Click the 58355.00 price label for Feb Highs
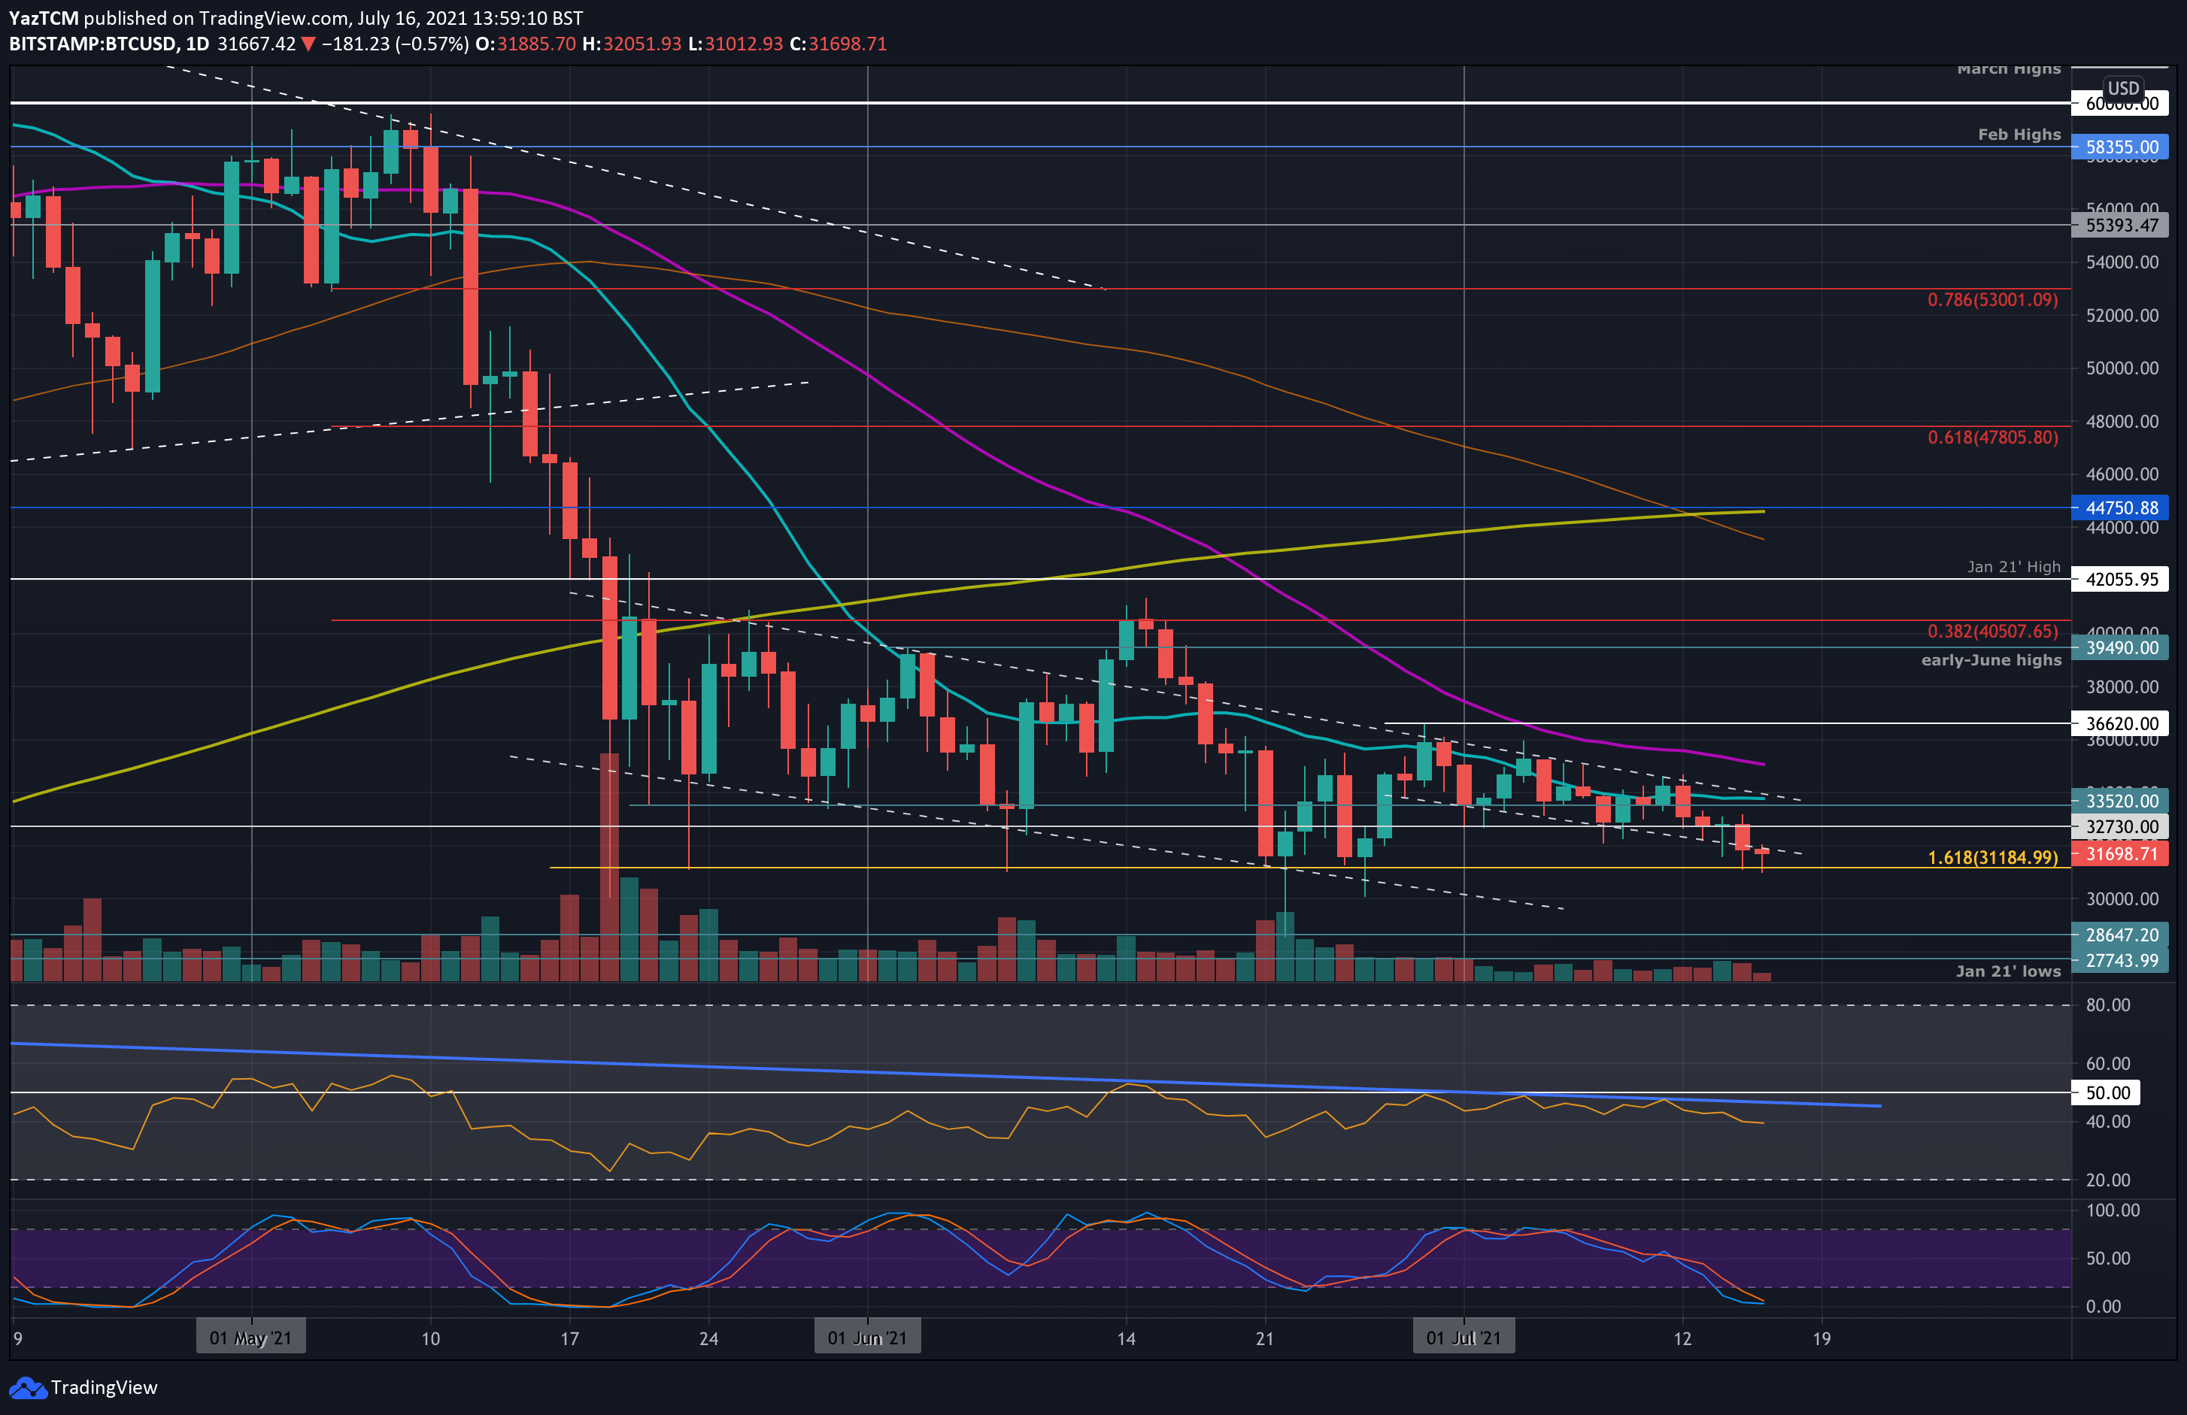tap(2120, 147)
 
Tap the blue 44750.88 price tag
tap(2120, 508)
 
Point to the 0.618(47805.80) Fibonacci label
tap(1991, 438)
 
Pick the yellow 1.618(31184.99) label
tap(1991, 858)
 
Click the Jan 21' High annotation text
tap(2013, 567)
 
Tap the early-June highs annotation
tap(1991, 661)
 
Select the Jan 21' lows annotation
tap(2007, 971)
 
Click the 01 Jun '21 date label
tap(866, 1338)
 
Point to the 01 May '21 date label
tap(250, 1338)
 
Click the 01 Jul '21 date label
tap(1463, 1338)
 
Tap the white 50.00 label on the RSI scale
tap(2107, 1092)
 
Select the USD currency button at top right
tap(2122, 88)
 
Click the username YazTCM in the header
tap(43, 17)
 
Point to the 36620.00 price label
tap(2120, 724)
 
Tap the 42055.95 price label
tap(2120, 580)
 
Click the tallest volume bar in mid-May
tap(609, 864)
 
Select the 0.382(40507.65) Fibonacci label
tap(1991, 632)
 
